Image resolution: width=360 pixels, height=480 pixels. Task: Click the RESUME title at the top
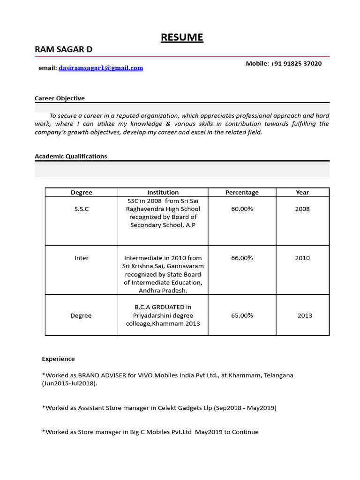point(182,37)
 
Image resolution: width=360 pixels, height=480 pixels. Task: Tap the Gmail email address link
point(101,68)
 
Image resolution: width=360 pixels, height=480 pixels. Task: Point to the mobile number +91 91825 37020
point(296,63)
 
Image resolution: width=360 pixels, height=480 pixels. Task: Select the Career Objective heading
point(60,98)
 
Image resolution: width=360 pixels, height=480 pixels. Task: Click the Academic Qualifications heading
point(71,156)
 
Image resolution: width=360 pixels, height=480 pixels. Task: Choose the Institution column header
point(163,192)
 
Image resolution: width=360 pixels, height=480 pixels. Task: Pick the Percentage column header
point(242,192)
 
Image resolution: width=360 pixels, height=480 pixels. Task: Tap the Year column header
point(302,192)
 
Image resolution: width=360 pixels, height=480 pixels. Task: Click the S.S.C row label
point(81,209)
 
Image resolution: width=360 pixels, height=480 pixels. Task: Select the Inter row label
point(81,258)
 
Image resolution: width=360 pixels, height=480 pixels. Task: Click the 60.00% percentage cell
point(242,209)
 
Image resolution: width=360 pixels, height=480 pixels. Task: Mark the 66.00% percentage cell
point(242,258)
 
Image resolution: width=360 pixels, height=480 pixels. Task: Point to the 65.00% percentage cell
point(242,315)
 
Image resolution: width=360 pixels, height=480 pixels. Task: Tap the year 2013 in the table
point(305,315)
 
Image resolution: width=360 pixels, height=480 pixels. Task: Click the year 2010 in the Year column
point(302,258)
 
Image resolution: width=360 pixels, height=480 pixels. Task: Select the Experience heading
point(58,359)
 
